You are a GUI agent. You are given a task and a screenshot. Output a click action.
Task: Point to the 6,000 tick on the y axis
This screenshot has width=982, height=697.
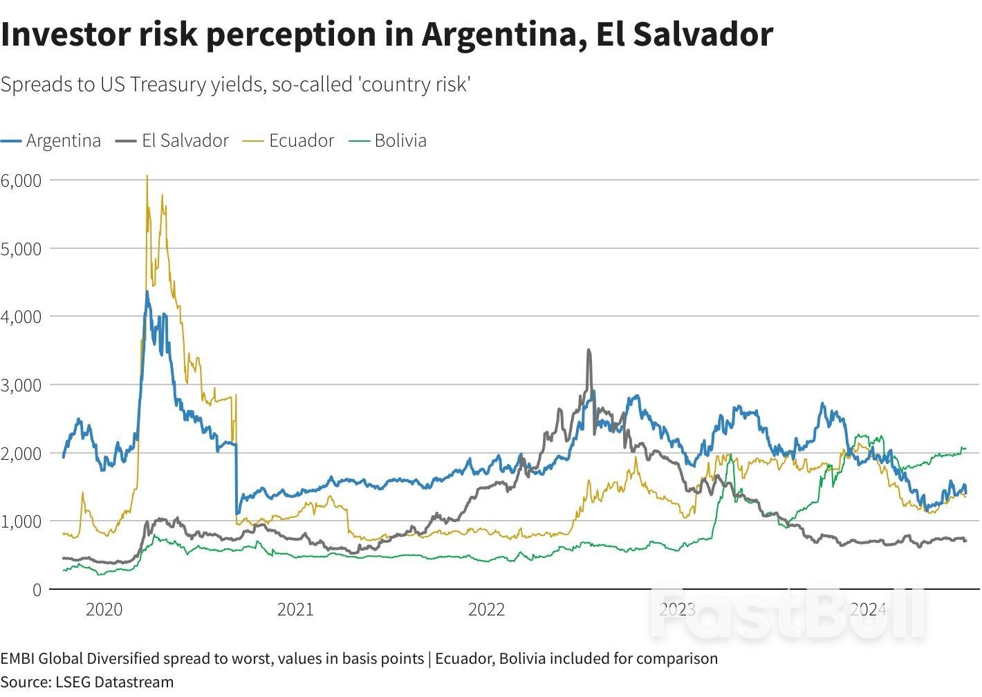click(21, 180)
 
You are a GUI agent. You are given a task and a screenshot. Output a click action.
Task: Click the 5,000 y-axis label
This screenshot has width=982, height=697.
click(21, 249)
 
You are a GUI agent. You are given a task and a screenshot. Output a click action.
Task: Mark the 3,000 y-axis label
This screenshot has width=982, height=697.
click(21, 385)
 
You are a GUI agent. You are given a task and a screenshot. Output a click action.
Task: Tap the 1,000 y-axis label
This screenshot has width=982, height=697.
click(21, 521)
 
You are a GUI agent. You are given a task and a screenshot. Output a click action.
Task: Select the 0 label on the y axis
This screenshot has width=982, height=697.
click(36, 590)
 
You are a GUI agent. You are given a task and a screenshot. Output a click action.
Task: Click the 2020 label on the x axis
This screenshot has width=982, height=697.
click(104, 609)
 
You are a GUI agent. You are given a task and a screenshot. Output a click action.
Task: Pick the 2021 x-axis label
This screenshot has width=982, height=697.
click(295, 609)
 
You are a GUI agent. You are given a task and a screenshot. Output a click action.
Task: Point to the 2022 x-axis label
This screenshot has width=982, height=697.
click(486, 609)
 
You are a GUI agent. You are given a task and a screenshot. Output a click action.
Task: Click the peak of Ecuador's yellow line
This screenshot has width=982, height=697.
click(147, 177)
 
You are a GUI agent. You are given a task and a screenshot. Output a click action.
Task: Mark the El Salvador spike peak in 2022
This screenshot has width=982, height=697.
click(589, 351)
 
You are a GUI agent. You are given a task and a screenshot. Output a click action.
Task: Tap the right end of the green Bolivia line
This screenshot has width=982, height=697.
click(965, 449)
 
